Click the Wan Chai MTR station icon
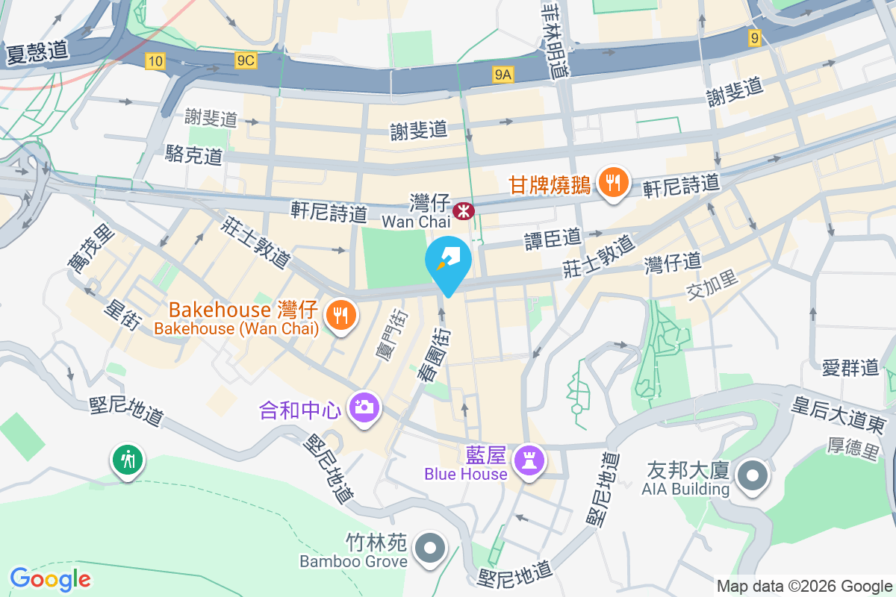(464, 210)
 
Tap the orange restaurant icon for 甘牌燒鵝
(613, 182)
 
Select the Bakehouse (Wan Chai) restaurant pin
(340, 316)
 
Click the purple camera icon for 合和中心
(364, 407)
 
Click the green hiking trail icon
(128, 460)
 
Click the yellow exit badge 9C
(245, 61)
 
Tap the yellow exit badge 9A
(503, 74)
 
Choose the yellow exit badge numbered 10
(155, 61)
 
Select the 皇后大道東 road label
(839, 415)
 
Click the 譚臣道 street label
(553, 238)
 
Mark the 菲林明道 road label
(556, 41)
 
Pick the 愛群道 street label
(850, 367)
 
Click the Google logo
(50, 578)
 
